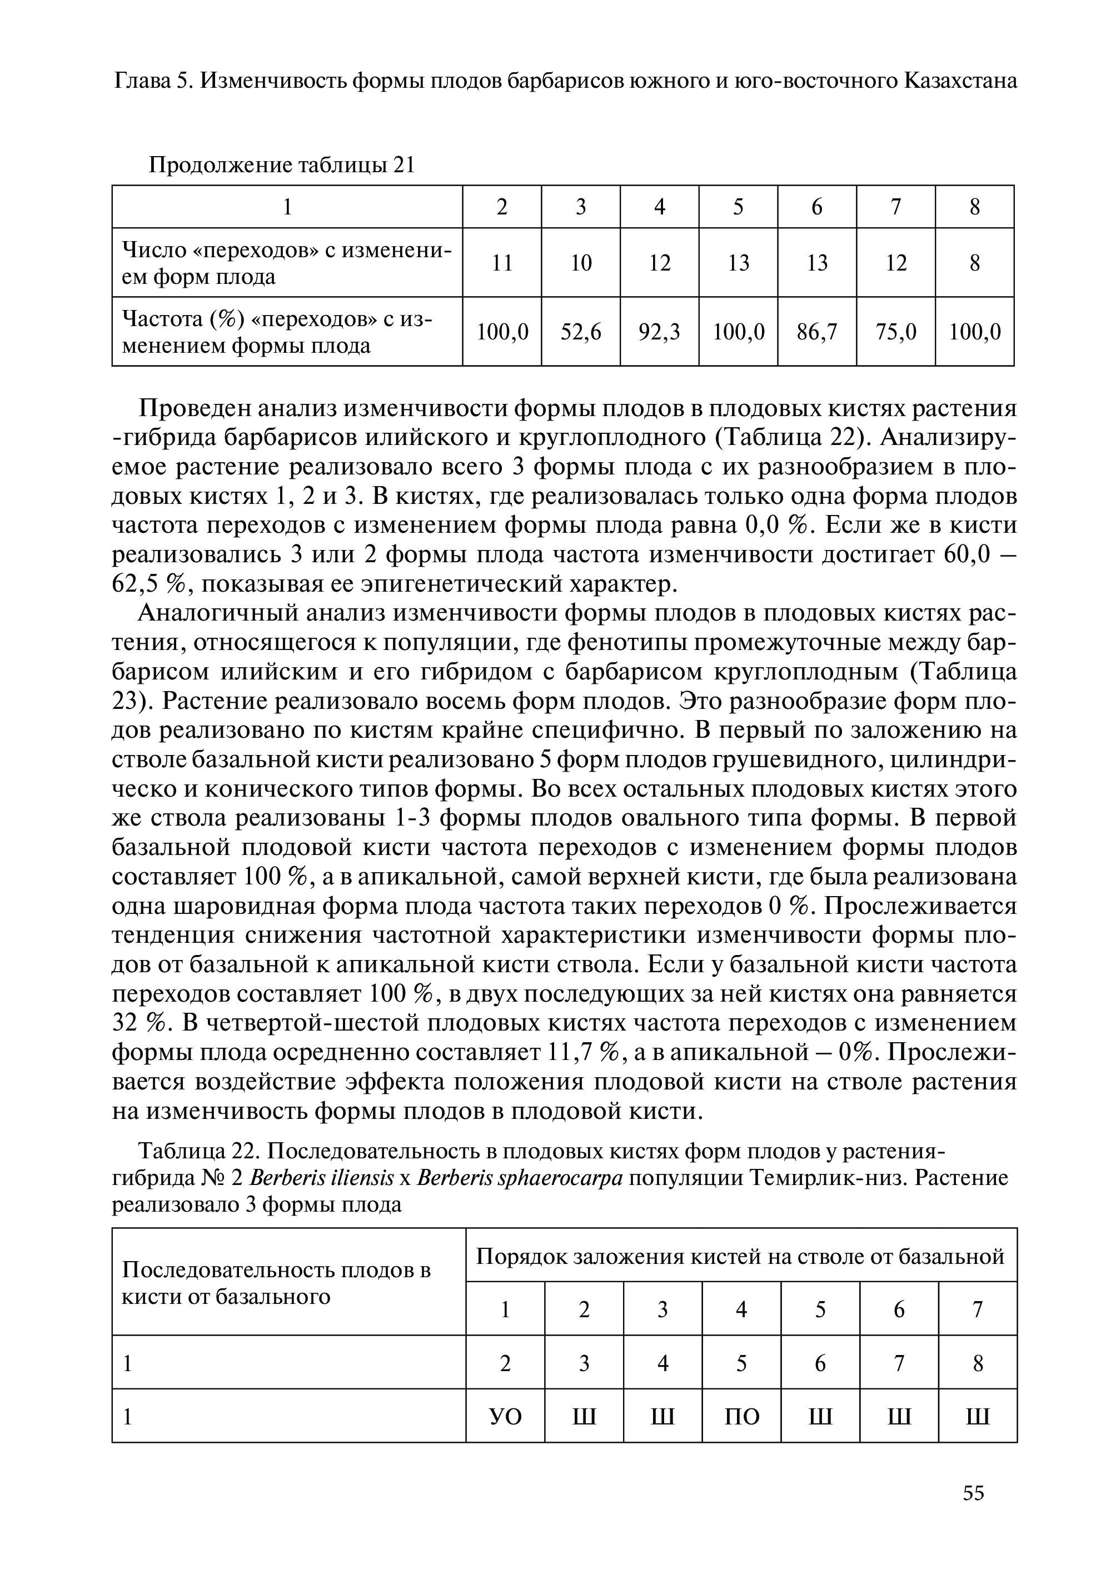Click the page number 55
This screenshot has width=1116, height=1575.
click(x=973, y=1512)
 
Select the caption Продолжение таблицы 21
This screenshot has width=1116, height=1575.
click(x=282, y=165)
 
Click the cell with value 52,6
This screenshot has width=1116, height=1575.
click(x=581, y=332)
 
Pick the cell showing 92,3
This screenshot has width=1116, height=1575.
click(x=659, y=332)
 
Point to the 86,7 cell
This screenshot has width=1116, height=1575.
click(x=817, y=332)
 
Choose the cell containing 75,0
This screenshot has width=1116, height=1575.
click(x=895, y=332)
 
